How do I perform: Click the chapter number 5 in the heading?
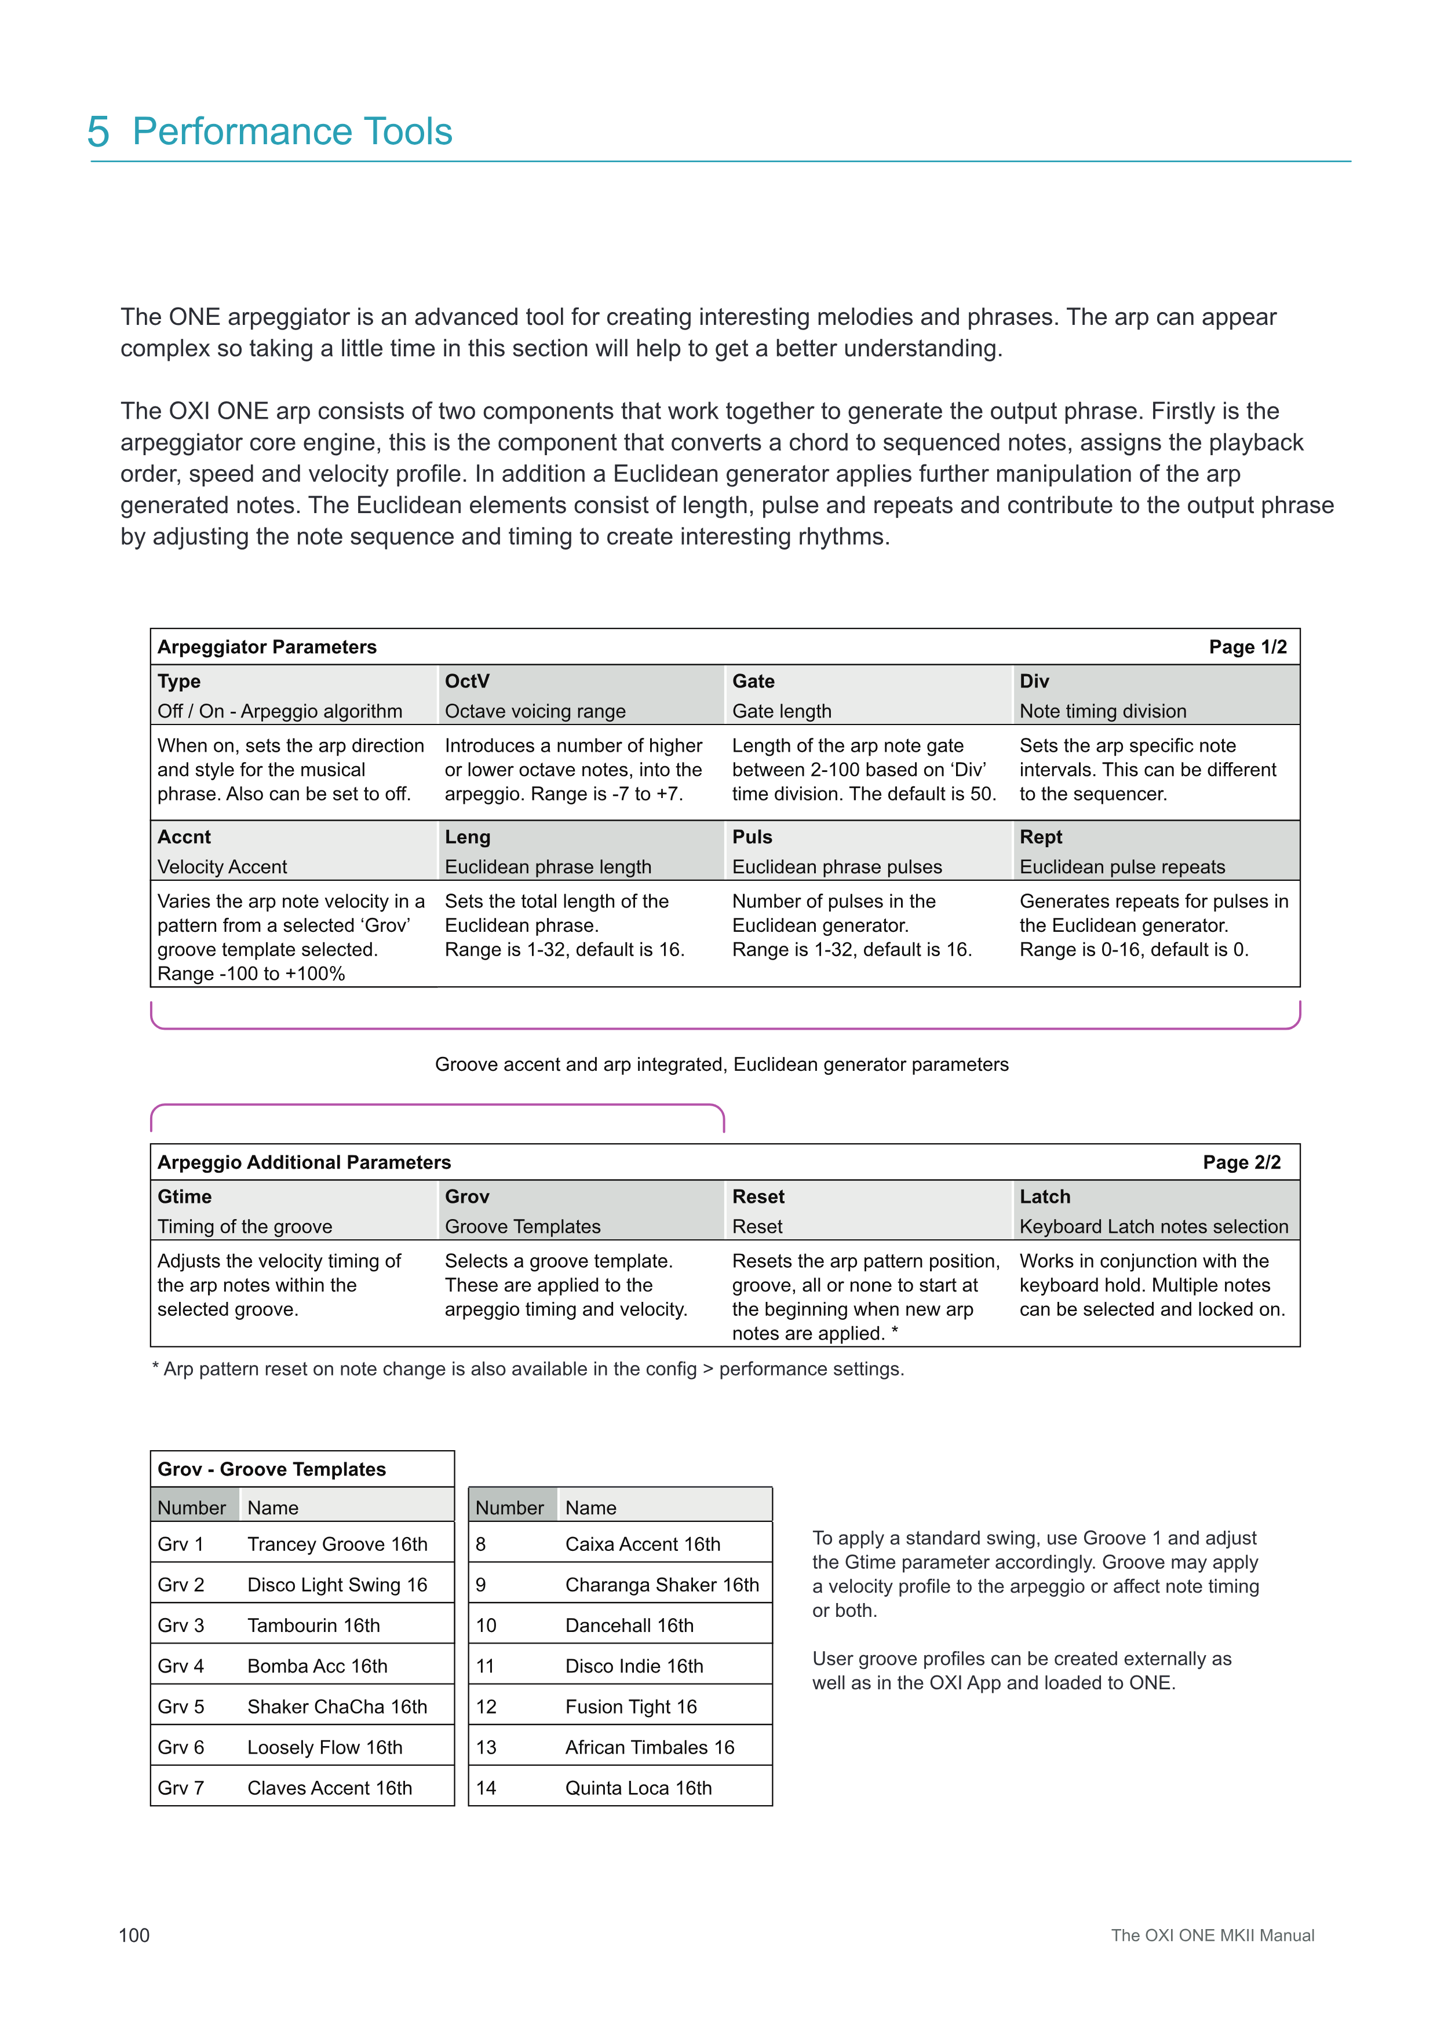coord(99,132)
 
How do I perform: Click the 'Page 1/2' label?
coord(1248,647)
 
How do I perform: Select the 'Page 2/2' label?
coord(1242,1162)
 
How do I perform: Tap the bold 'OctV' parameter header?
coord(467,681)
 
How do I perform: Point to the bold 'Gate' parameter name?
coord(753,681)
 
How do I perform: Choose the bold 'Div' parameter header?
coord(1034,681)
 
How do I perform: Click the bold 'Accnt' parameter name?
coord(184,837)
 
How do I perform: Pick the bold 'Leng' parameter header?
coord(467,837)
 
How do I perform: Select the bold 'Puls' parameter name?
coord(752,837)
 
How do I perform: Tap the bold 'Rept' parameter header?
coord(1041,837)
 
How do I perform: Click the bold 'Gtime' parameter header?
coord(184,1197)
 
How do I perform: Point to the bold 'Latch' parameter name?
coord(1045,1197)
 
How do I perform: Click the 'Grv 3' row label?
coord(181,1626)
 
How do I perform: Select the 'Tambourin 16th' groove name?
coord(313,1626)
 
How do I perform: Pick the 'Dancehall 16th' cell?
coord(629,1626)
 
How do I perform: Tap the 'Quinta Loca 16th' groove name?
coord(638,1788)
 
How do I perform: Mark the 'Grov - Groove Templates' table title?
coord(272,1469)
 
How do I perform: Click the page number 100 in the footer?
coord(134,1935)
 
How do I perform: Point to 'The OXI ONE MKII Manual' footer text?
coord(1212,1935)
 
